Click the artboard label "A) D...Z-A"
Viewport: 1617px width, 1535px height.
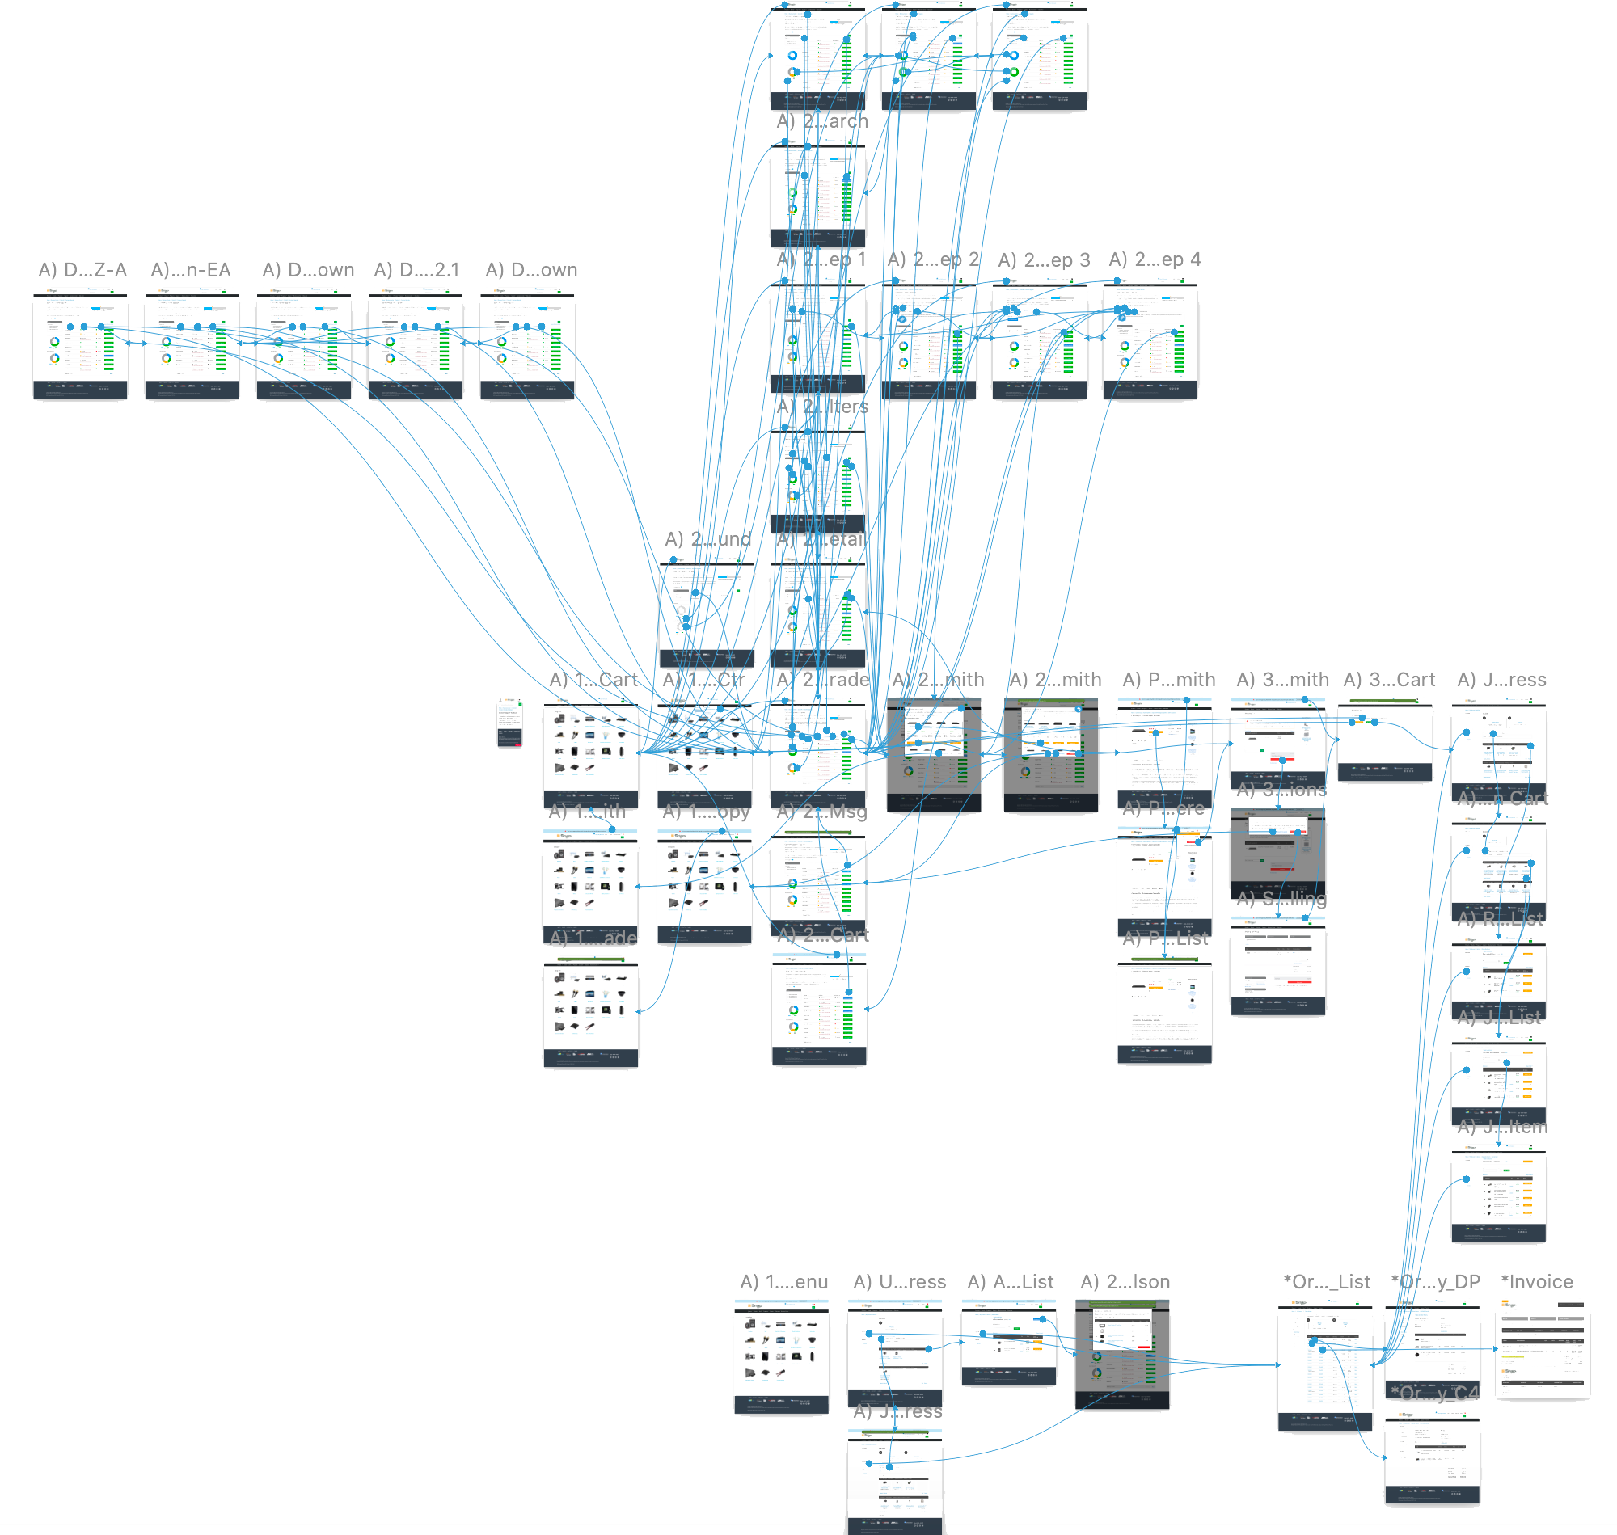pyautogui.click(x=82, y=270)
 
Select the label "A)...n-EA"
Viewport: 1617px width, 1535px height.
pyautogui.click(x=191, y=270)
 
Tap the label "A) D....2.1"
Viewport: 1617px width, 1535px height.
pyautogui.click(x=416, y=270)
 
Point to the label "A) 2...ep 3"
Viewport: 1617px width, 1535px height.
pyautogui.click(x=1043, y=260)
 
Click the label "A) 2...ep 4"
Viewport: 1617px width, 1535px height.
pyautogui.click(x=1155, y=259)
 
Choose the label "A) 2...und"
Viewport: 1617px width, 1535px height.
pyautogui.click(x=708, y=539)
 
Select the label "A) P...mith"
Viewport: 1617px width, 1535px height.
pyautogui.click(x=1168, y=680)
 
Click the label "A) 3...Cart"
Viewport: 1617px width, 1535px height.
pyautogui.click(x=1389, y=680)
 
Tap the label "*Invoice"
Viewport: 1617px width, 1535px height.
pyautogui.click(x=1537, y=1282)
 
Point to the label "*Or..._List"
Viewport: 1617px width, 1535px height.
pyautogui.click(x=1327, y=1282)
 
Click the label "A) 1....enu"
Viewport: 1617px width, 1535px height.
pyautogui.click(x=784, y=1282)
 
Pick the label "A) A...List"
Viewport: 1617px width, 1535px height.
pyautogui.click(x=1011, y=1282)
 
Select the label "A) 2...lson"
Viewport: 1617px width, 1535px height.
pyautogui.click(x=1125, y=1282)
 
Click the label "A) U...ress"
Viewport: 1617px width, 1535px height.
pyautogui.click(x=899, y=1282)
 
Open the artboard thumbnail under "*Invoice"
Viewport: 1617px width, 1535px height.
pyautogui.click(x=1543, y=1348)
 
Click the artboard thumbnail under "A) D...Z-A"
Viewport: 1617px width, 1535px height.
pyautogui.click(x=80, y=344)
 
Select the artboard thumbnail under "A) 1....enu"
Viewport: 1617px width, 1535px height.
pyautogui.click(x=782, y=1356)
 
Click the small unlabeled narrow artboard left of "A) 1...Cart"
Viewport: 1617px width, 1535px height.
pyautogui.click(x=510, y=721)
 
